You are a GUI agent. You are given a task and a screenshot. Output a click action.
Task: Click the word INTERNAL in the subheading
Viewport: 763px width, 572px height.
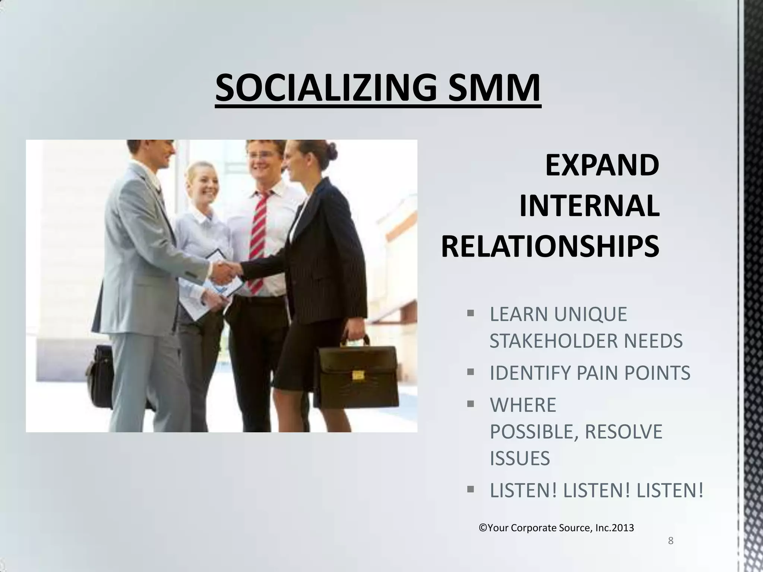point(589,206)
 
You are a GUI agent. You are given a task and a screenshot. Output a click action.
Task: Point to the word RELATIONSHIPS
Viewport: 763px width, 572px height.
point(550,247)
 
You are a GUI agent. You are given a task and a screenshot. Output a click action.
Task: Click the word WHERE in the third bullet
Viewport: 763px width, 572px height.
point(523,405)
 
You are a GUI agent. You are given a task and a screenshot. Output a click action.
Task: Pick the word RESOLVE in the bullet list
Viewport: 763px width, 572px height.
point(624,432)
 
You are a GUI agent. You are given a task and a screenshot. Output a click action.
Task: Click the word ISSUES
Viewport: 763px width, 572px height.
point(519,458)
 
